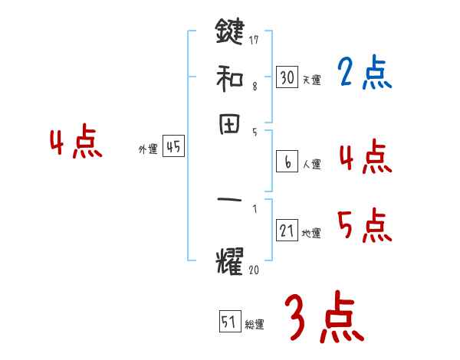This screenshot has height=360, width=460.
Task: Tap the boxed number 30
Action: coord(287,77)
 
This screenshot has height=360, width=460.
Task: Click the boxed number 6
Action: coord(287,162)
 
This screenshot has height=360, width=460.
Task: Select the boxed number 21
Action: coord(287,231)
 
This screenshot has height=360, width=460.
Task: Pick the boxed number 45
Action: coord(173,148)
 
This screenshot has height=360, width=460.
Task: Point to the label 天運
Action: coord(310,80)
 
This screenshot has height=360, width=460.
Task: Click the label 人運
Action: coord(311,164)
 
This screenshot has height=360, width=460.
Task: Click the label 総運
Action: coord(255,325)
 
